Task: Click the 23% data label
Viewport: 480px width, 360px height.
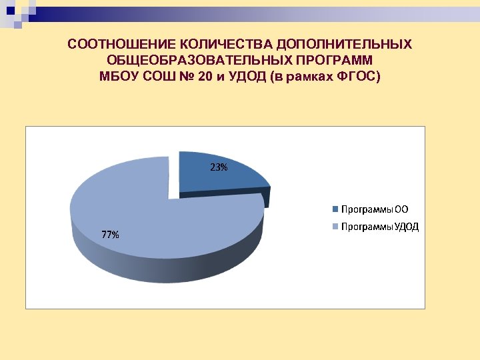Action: coord(219,168)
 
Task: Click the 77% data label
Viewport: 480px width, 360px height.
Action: coord(111,235)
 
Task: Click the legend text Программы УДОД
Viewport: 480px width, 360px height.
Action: coord(380,227)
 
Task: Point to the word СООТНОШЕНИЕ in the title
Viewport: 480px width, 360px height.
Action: coord(113,45)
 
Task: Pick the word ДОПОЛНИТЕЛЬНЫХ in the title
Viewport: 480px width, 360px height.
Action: coord(345,45)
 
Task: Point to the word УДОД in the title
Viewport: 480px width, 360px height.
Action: coord(248,77)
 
